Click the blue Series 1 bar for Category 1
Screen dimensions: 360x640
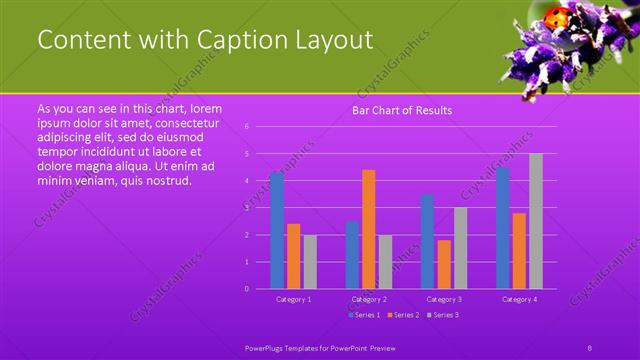coord(277,230)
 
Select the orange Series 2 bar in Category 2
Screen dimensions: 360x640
coord(369,229)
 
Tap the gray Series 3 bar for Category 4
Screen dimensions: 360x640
coord(536,221)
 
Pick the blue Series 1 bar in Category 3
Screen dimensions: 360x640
coord(428,241)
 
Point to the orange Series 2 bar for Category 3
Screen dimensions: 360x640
coord(444,264)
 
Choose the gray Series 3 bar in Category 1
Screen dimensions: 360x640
coord(310,262)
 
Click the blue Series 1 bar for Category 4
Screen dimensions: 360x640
coord(503,228)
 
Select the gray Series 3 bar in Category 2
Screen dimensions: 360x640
coord(386,262)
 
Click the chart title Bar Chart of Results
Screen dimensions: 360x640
coord(403,110)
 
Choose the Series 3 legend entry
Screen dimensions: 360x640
coord(444,315)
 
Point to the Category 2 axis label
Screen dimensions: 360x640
coord(369,299)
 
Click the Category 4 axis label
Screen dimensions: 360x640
coord(520,299)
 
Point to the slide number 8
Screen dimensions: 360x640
coord(590,345)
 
